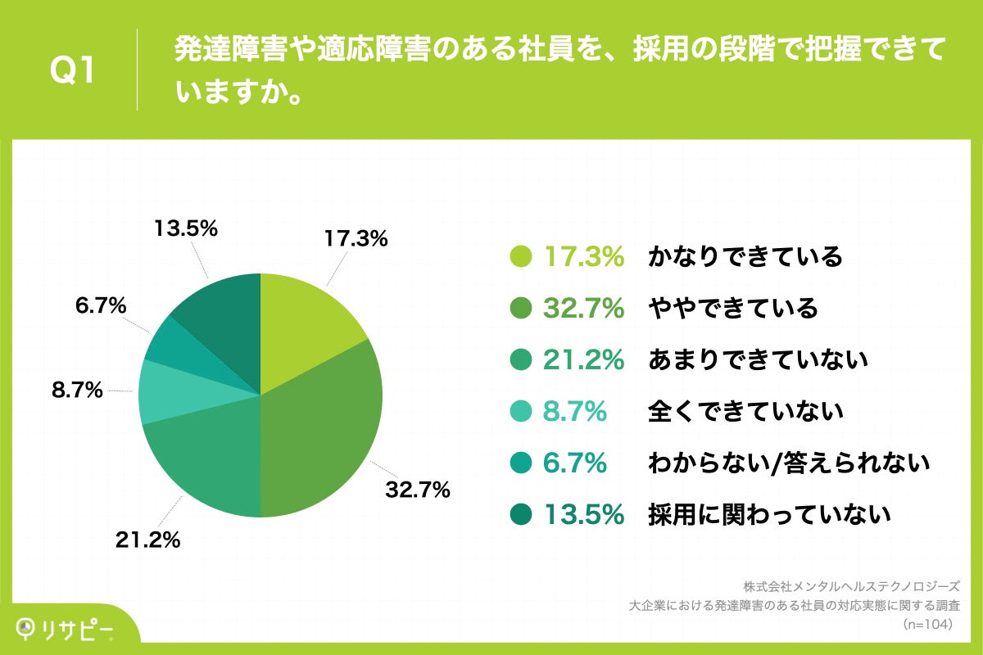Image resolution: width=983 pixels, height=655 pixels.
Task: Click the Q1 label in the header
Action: (73, 71)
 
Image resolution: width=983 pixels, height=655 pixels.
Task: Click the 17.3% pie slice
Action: (307, 319)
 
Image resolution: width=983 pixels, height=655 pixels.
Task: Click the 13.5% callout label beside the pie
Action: (186, 228)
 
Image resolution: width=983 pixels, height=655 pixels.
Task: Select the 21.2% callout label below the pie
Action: (147, 540)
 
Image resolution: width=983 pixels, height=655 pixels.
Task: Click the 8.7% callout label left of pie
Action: (76, 391)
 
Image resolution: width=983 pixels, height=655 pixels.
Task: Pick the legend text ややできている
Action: (732, 309)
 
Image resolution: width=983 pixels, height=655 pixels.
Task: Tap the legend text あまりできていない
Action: (757, 360)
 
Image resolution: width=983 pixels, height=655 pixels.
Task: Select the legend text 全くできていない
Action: (745, 412)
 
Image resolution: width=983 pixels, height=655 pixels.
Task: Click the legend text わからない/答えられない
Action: (789, 463)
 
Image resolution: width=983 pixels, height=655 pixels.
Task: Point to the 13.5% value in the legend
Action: (584, 515)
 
